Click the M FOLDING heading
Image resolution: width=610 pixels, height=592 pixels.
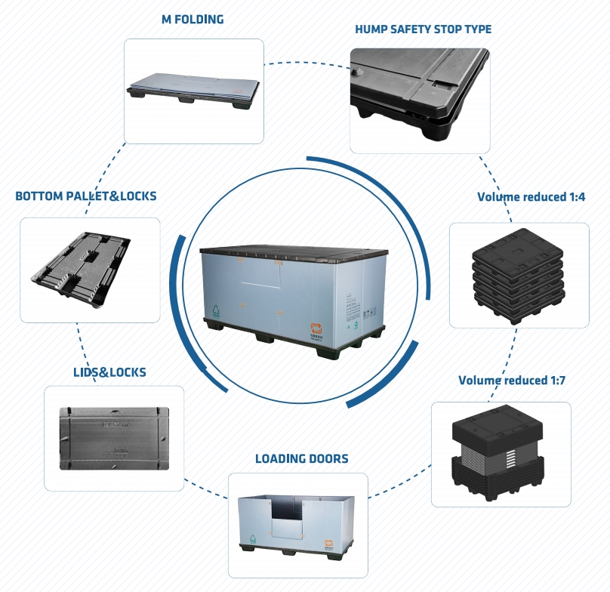pos(193,20)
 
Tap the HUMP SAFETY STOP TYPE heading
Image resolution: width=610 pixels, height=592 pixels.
pos(423,29)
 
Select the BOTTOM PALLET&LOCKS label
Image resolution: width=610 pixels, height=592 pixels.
pos(86,196)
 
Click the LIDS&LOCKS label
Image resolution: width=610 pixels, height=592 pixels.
pos(109,372)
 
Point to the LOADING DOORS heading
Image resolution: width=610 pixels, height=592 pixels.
pos(301,458)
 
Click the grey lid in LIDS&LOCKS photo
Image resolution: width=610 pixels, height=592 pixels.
pos(114,438)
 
